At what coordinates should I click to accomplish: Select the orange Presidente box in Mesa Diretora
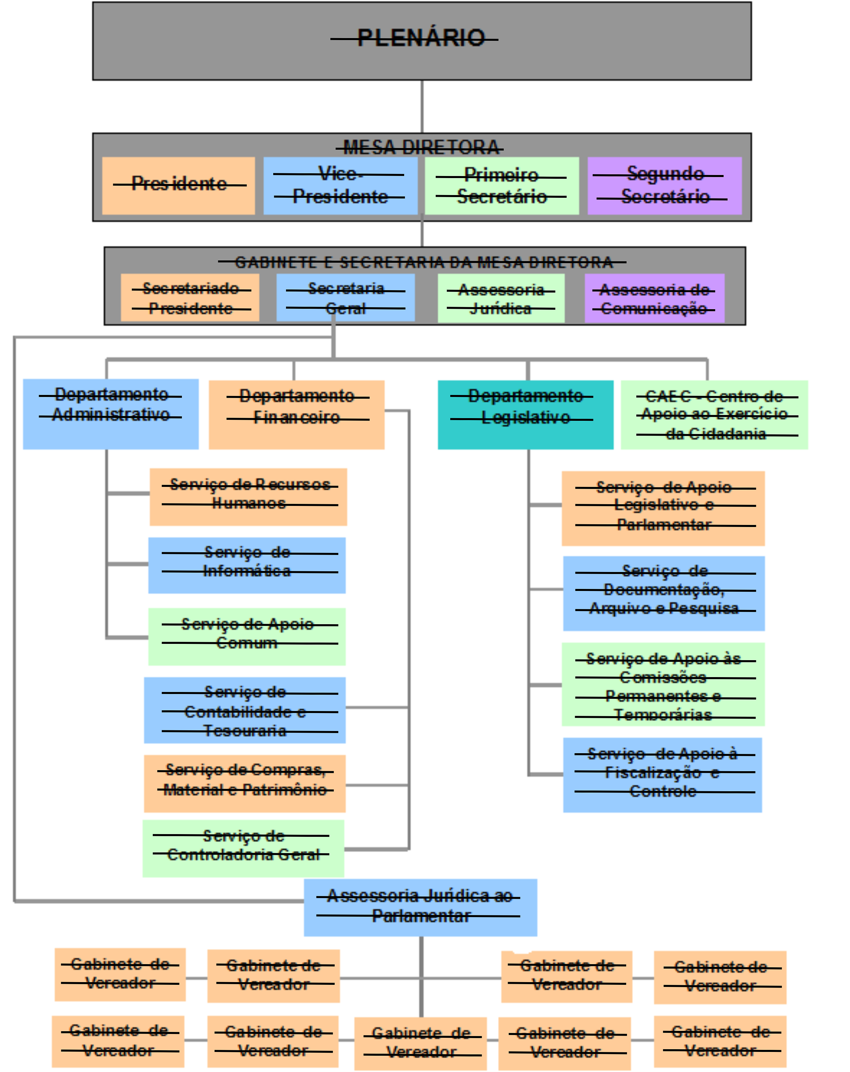pos(178,185)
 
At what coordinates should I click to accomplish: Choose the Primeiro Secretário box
pos(501,185)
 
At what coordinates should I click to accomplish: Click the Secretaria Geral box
pos(345,297)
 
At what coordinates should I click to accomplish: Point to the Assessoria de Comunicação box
pos(654,298)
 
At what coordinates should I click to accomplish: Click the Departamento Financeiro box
pos(296,414)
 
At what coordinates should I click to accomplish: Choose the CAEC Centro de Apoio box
pos(714,414)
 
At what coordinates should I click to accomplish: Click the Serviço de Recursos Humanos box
pos(248,496)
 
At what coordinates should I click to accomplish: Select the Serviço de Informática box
pos(247,565)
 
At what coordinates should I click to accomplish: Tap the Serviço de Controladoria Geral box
pos(243,848)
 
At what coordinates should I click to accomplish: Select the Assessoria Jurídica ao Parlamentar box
pos(420,907)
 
